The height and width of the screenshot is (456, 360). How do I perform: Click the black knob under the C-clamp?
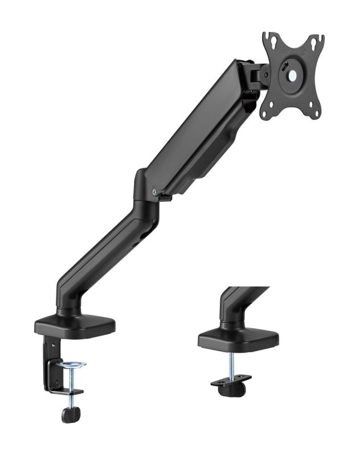(x=69, y=414)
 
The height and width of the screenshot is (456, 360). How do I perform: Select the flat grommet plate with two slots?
(x=231, y=379)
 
